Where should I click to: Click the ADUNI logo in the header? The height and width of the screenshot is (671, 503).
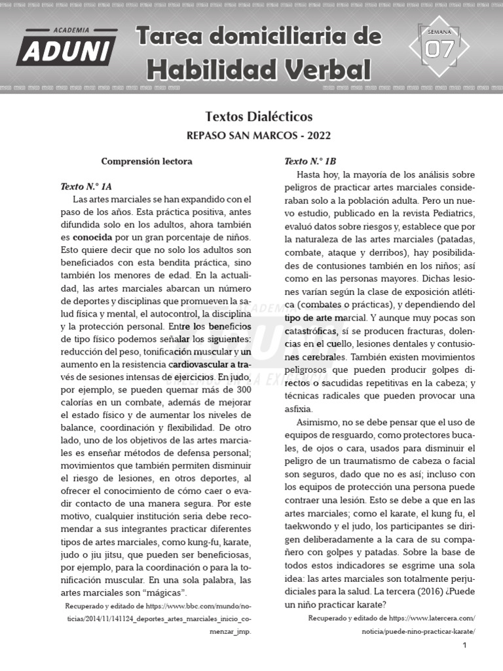[x=67, y=47]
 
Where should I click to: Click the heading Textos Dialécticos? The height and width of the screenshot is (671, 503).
[x=259, y=117]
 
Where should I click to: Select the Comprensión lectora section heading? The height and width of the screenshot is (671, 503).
[x=147, y=161]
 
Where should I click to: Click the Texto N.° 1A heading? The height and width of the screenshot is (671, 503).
[x=86, y=186]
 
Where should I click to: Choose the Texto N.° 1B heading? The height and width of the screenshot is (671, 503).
[x=310, y=161]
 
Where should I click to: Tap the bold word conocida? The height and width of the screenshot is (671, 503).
[x=92, y=237]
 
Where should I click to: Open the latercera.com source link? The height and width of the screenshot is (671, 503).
[x=392, y=618]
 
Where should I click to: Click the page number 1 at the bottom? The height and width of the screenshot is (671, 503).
[x=464, y=645]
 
